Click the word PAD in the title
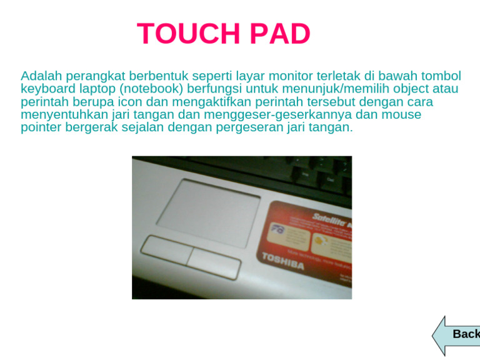[x=279, y=34]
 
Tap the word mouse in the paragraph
[x=403, y=115]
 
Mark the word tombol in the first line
[x=441, y=76]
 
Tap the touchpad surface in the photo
[x=208, y=204]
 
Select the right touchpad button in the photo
[x=214, y=262]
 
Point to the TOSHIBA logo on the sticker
[x=282, y=262]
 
